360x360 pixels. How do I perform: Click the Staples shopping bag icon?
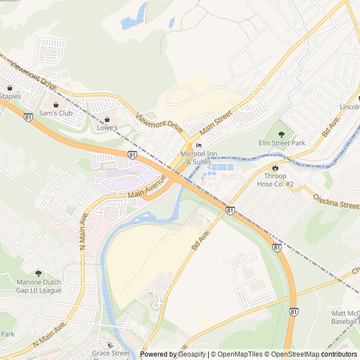pos(10,88)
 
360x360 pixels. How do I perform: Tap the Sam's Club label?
pos(55,113)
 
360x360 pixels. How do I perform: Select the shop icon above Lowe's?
pos(107,119)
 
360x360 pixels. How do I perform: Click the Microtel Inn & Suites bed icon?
pos(198,146)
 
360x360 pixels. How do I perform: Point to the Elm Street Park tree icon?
pos(282,134)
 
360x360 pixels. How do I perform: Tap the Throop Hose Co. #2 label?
pos(276,180)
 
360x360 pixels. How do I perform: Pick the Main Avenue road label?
pos(148,187)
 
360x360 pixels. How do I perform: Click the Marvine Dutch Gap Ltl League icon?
pos(38,273)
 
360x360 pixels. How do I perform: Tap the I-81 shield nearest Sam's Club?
pos(28,116)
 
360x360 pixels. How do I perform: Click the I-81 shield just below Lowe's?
pos(132,154)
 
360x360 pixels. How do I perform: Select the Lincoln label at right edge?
pos(349,107)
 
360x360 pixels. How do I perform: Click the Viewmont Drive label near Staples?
pos(34,77)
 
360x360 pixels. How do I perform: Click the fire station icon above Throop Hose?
pos(275,168)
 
